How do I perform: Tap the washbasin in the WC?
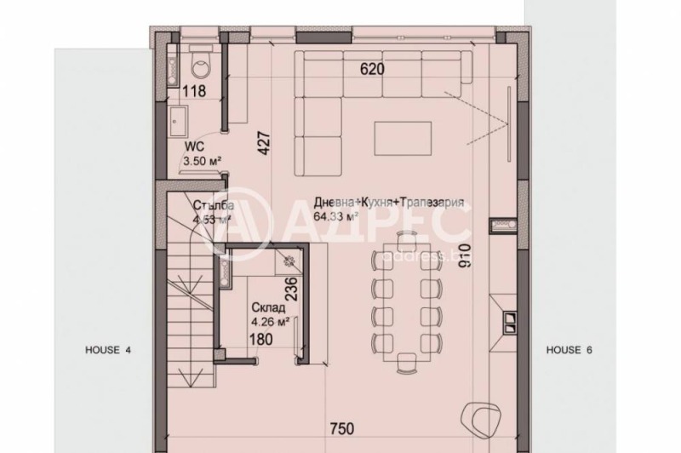coord(180,121)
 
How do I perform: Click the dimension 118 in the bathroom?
coord(195,91)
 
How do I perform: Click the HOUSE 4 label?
coord(107,349)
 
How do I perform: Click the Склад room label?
coord(266,307)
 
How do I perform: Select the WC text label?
coord(195,146)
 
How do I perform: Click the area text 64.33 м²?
coord(335,216)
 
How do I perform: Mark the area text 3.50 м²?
coord(203,158)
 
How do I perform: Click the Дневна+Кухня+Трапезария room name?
coord(388,204)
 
